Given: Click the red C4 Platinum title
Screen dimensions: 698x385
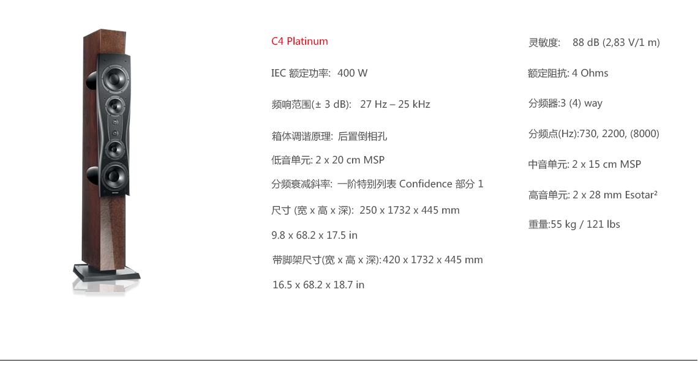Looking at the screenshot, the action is click(299, 42).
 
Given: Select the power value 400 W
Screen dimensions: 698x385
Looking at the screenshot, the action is click(353, 73).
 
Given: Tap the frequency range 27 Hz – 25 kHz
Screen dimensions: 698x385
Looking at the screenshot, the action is click(396, 104).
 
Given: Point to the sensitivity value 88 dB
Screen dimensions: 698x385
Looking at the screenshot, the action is click(586, 42).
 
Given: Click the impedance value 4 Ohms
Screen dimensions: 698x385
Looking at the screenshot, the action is click(590, 73).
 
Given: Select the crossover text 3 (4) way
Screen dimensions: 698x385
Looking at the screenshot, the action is click(582, 103).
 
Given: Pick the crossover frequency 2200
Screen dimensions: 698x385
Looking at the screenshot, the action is click(614, 133).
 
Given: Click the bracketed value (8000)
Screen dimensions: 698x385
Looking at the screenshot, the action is click(645, 133).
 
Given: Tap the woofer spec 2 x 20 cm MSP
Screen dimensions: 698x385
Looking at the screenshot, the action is click(350, 160).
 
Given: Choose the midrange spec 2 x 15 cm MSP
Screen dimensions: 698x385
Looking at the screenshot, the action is click(607, 164).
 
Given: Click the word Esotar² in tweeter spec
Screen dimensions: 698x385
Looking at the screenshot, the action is click(641, 195).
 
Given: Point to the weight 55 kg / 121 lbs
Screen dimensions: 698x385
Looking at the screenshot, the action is click(585, 224).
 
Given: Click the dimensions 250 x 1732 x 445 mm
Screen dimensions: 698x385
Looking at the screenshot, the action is click(410, 210).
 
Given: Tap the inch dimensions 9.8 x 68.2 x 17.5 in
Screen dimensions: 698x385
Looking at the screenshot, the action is click(314, 235).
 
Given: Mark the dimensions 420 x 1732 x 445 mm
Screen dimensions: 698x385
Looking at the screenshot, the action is click(433, 260).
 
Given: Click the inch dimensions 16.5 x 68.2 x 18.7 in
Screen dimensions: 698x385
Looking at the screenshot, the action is click(318, 285).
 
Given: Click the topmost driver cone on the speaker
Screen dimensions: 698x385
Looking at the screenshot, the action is click(115, 79).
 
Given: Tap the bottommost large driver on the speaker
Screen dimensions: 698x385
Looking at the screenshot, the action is click(114, 176).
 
